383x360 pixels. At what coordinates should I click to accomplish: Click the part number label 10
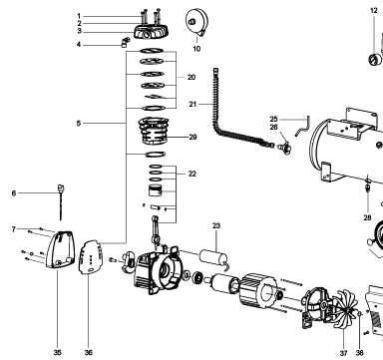196,49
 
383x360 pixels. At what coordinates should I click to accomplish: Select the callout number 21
192,104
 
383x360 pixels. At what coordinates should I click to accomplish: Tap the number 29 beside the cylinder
192,137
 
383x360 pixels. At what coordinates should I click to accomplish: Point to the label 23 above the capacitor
216,225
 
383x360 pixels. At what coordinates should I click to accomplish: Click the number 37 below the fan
343,353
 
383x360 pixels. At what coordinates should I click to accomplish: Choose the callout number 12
374,11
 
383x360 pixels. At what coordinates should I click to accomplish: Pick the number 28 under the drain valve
367,217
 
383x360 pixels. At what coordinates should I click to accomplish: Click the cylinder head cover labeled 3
152,32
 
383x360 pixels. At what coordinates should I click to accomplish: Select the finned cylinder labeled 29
154,131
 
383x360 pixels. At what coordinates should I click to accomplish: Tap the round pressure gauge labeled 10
196,22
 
